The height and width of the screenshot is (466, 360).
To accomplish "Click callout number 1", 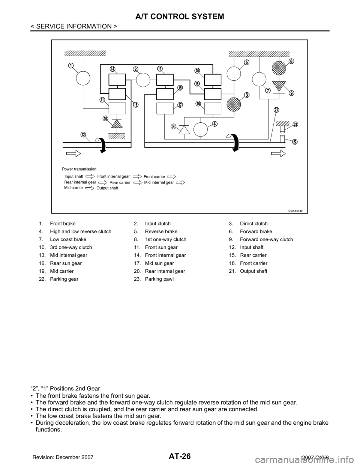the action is (x=70, y=65).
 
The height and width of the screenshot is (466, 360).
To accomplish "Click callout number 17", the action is (x=180, y=105).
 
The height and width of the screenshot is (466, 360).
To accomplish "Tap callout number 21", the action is (x=276, y=110).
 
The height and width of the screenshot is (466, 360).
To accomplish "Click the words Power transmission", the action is (x=80, y=169).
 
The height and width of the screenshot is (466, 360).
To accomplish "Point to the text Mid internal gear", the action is (x=159, y=182).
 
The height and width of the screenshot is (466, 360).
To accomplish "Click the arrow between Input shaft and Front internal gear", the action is (x=90, y=175).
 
